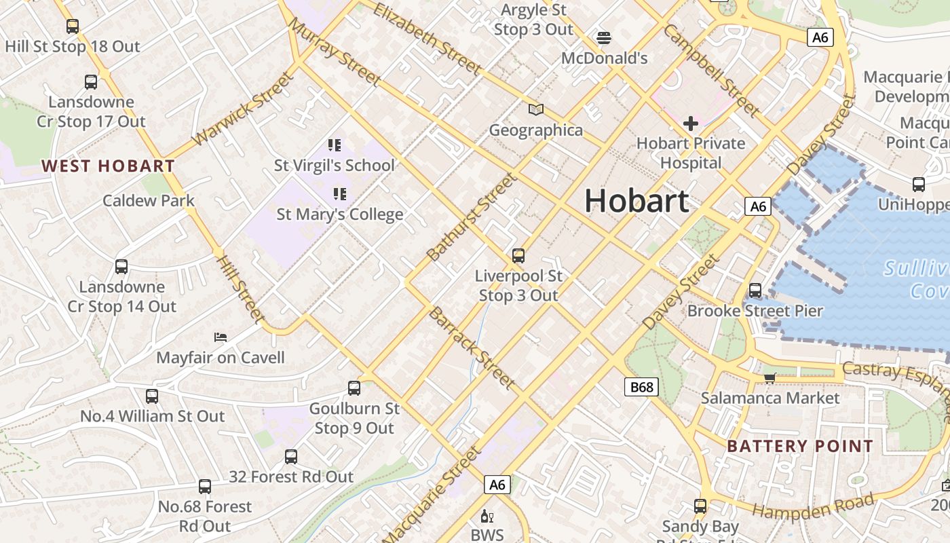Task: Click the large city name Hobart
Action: pyautogui.click(x=636, y=202)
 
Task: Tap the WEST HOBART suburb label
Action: pyautogui.click(x=108, y=166)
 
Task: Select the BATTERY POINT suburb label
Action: pyautogui.click(x=800, y=446)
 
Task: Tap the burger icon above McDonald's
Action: pyautogui.click(x=603, y=37)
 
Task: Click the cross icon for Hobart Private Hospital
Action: pyautogui.click(x=691, y=124)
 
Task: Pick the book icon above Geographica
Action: pyautogui.click(x=536, y=109)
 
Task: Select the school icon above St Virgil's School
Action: pyautogui.click(x=334, y=145)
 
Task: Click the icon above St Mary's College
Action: pyautogui.click(x=339, y=194)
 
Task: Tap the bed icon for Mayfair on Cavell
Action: pyautogui.click(x=221, y=337)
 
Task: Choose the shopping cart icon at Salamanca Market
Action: pyautogui.click(x=769, y=377)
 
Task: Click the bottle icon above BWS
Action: pyautogui.click(x=487, y=516)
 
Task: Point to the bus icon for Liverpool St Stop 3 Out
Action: pyautogui.click(x=518, y=256)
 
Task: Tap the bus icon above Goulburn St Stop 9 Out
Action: pyautogui.click(x=354, y=388)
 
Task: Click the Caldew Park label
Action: pyautogui.click(x=149, y=201)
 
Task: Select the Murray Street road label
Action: pyautogui.click(x=334, y=51)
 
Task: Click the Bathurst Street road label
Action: pyautogui.click(x=472, y=217)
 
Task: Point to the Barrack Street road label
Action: pyautogui.click(x=472, y=348)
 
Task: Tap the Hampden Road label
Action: pyautogui.click(x=813, y=506)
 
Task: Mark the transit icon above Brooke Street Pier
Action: pyautogui.click(x=755, y=291)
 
